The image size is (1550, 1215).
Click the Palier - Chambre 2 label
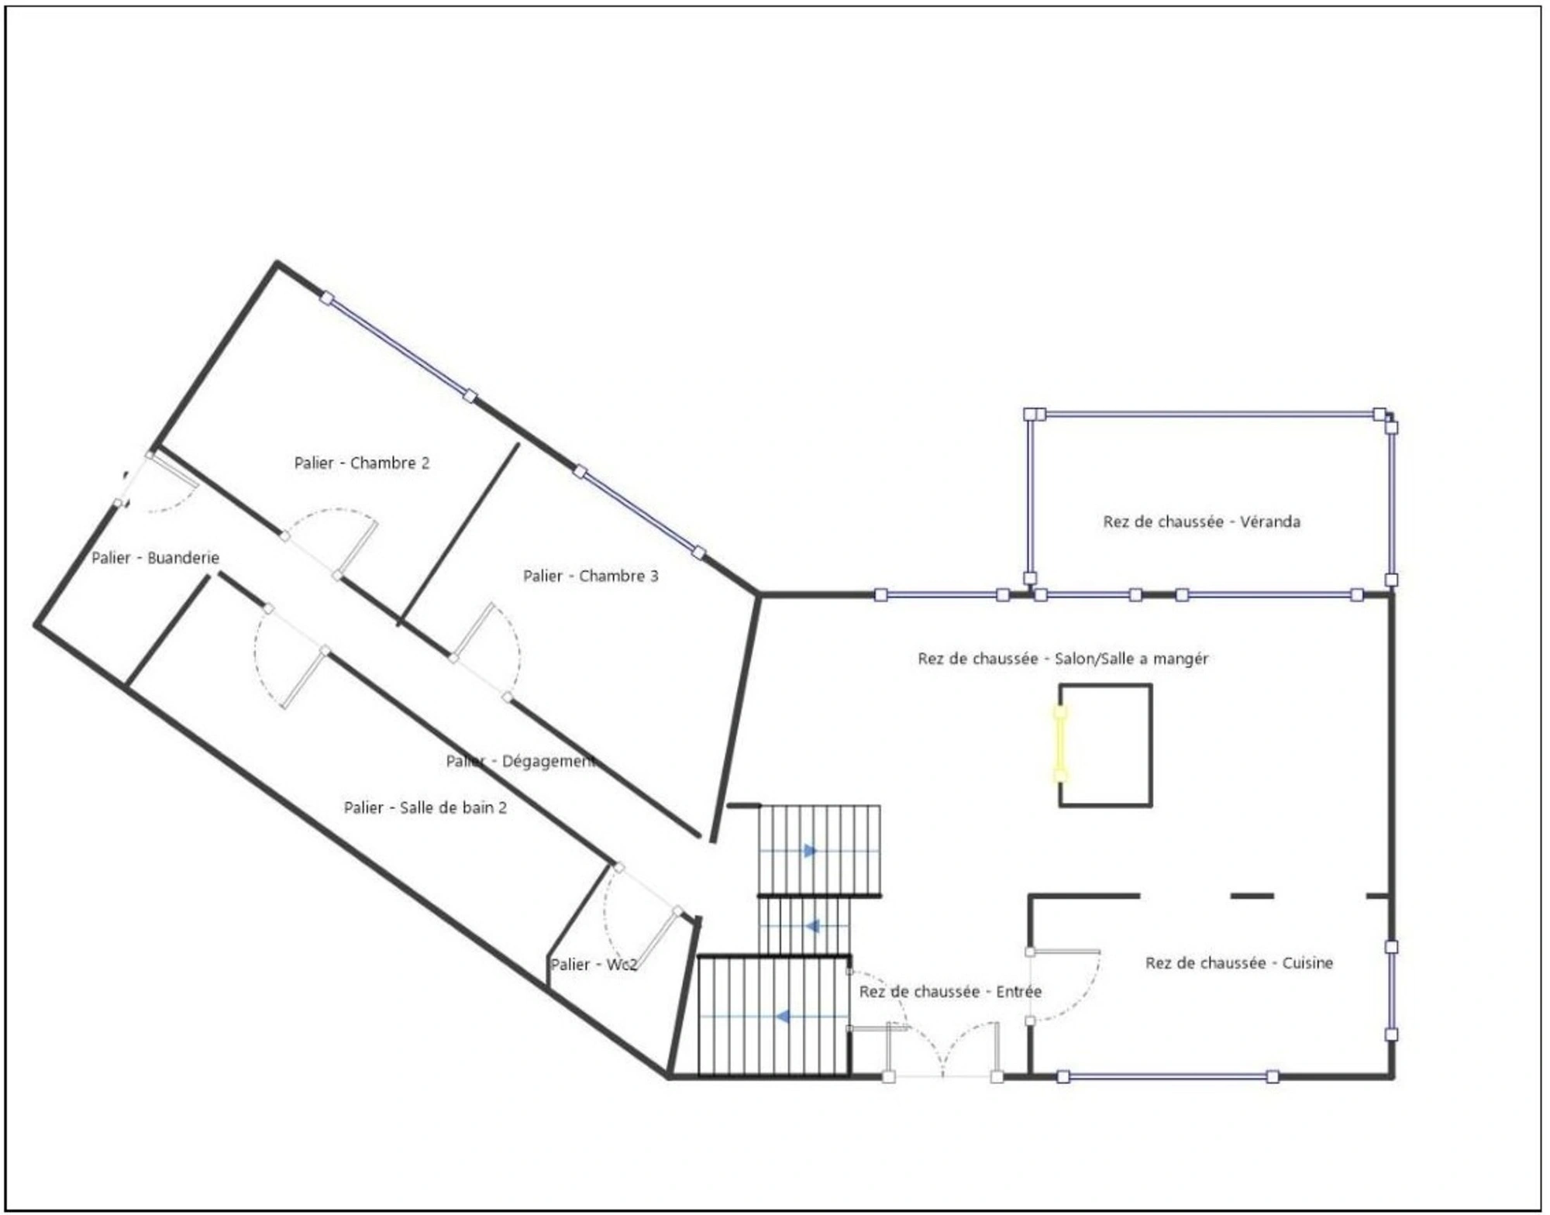pyautogui.click(x=361, y=463)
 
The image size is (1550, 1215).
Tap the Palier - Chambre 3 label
pyautogui.click(x=591, y=576)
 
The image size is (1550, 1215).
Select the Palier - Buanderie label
pyautogui.click(x=155, y=558)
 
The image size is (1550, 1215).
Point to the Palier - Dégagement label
pyautogui.click(x=521, y=762)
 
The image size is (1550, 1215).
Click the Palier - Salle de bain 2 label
pyautogui.click(x=425, y=808)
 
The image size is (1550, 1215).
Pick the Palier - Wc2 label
pyautogui.click(x=593, y=965)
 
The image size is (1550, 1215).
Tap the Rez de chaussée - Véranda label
pyautogui.click(x=1201, y=522)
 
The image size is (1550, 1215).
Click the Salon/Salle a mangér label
pyautogui.click(x=1131, y=659)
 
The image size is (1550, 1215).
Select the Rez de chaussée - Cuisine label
pyautogui.click(x=1239, y=963)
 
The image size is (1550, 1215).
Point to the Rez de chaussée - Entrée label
pyautogui.click(x=950, y=992)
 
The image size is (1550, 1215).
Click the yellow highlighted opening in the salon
pyautogui.click(x=1060, y=744)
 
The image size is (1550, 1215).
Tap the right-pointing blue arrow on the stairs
pyautogui.click(x=810, y=851)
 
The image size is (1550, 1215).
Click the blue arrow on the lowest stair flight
pyautogui.click(x=784, y=1016)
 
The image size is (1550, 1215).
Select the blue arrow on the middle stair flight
pyautogui.click(x=813, y=926)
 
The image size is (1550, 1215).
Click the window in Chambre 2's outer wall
pyautogui.click(x=398, y=347)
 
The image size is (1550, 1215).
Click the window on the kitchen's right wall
pyautogui.click(x=1391, y=990)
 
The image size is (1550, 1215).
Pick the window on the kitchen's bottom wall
pyautogui.click(x=1168, y=1076)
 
